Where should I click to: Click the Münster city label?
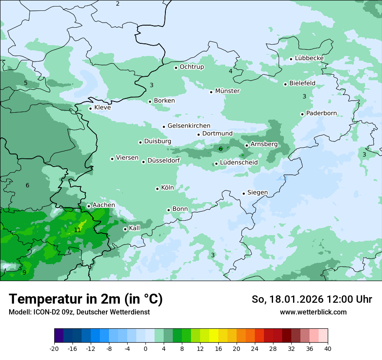pos(227,91)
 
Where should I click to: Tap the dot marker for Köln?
pos(157,189)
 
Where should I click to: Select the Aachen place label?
pos(104,205)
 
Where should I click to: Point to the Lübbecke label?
pos(309,58)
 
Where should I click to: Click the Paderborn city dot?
pos(302,114)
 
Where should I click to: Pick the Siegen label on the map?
pos(257,193)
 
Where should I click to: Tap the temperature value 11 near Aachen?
pos(77,230)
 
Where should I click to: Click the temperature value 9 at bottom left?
pos(24,272)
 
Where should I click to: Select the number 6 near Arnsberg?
pos(221,149)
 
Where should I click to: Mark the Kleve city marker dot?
pos(90,108)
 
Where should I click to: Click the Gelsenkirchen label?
pos(189,126)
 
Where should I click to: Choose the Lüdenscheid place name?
pos(239,163)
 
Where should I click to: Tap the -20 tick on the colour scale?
pos(54,348)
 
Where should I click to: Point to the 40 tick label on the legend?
pos(328,348)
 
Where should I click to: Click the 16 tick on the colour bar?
pos(218,348)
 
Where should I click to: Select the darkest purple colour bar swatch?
pos(59,336)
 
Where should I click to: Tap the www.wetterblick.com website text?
pos(313,312)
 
